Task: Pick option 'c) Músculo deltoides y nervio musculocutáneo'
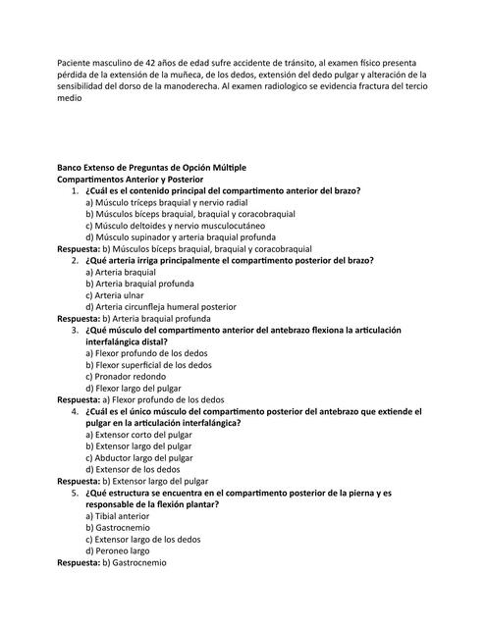click(x=174, y=226)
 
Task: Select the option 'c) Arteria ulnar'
click(x=115, y=295)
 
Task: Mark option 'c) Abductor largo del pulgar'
click(x=139, y=458)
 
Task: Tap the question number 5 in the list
click(x=74, y=493)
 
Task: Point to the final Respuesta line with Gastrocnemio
click(x=112, y=563)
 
